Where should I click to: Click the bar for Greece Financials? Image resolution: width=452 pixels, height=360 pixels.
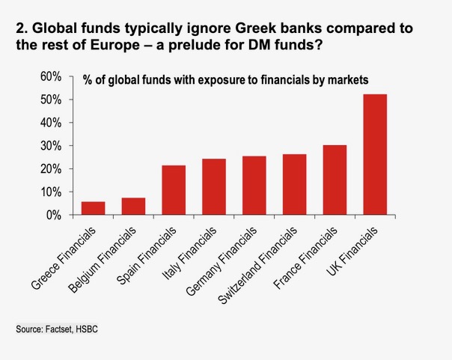pyautogui.click(x=94, y=208)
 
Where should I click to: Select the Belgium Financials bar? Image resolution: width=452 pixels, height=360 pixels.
pyautogui.click(x=133, y=206)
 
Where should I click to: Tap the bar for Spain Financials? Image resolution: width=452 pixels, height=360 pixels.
pyautogui.click(x=174, y=190)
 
